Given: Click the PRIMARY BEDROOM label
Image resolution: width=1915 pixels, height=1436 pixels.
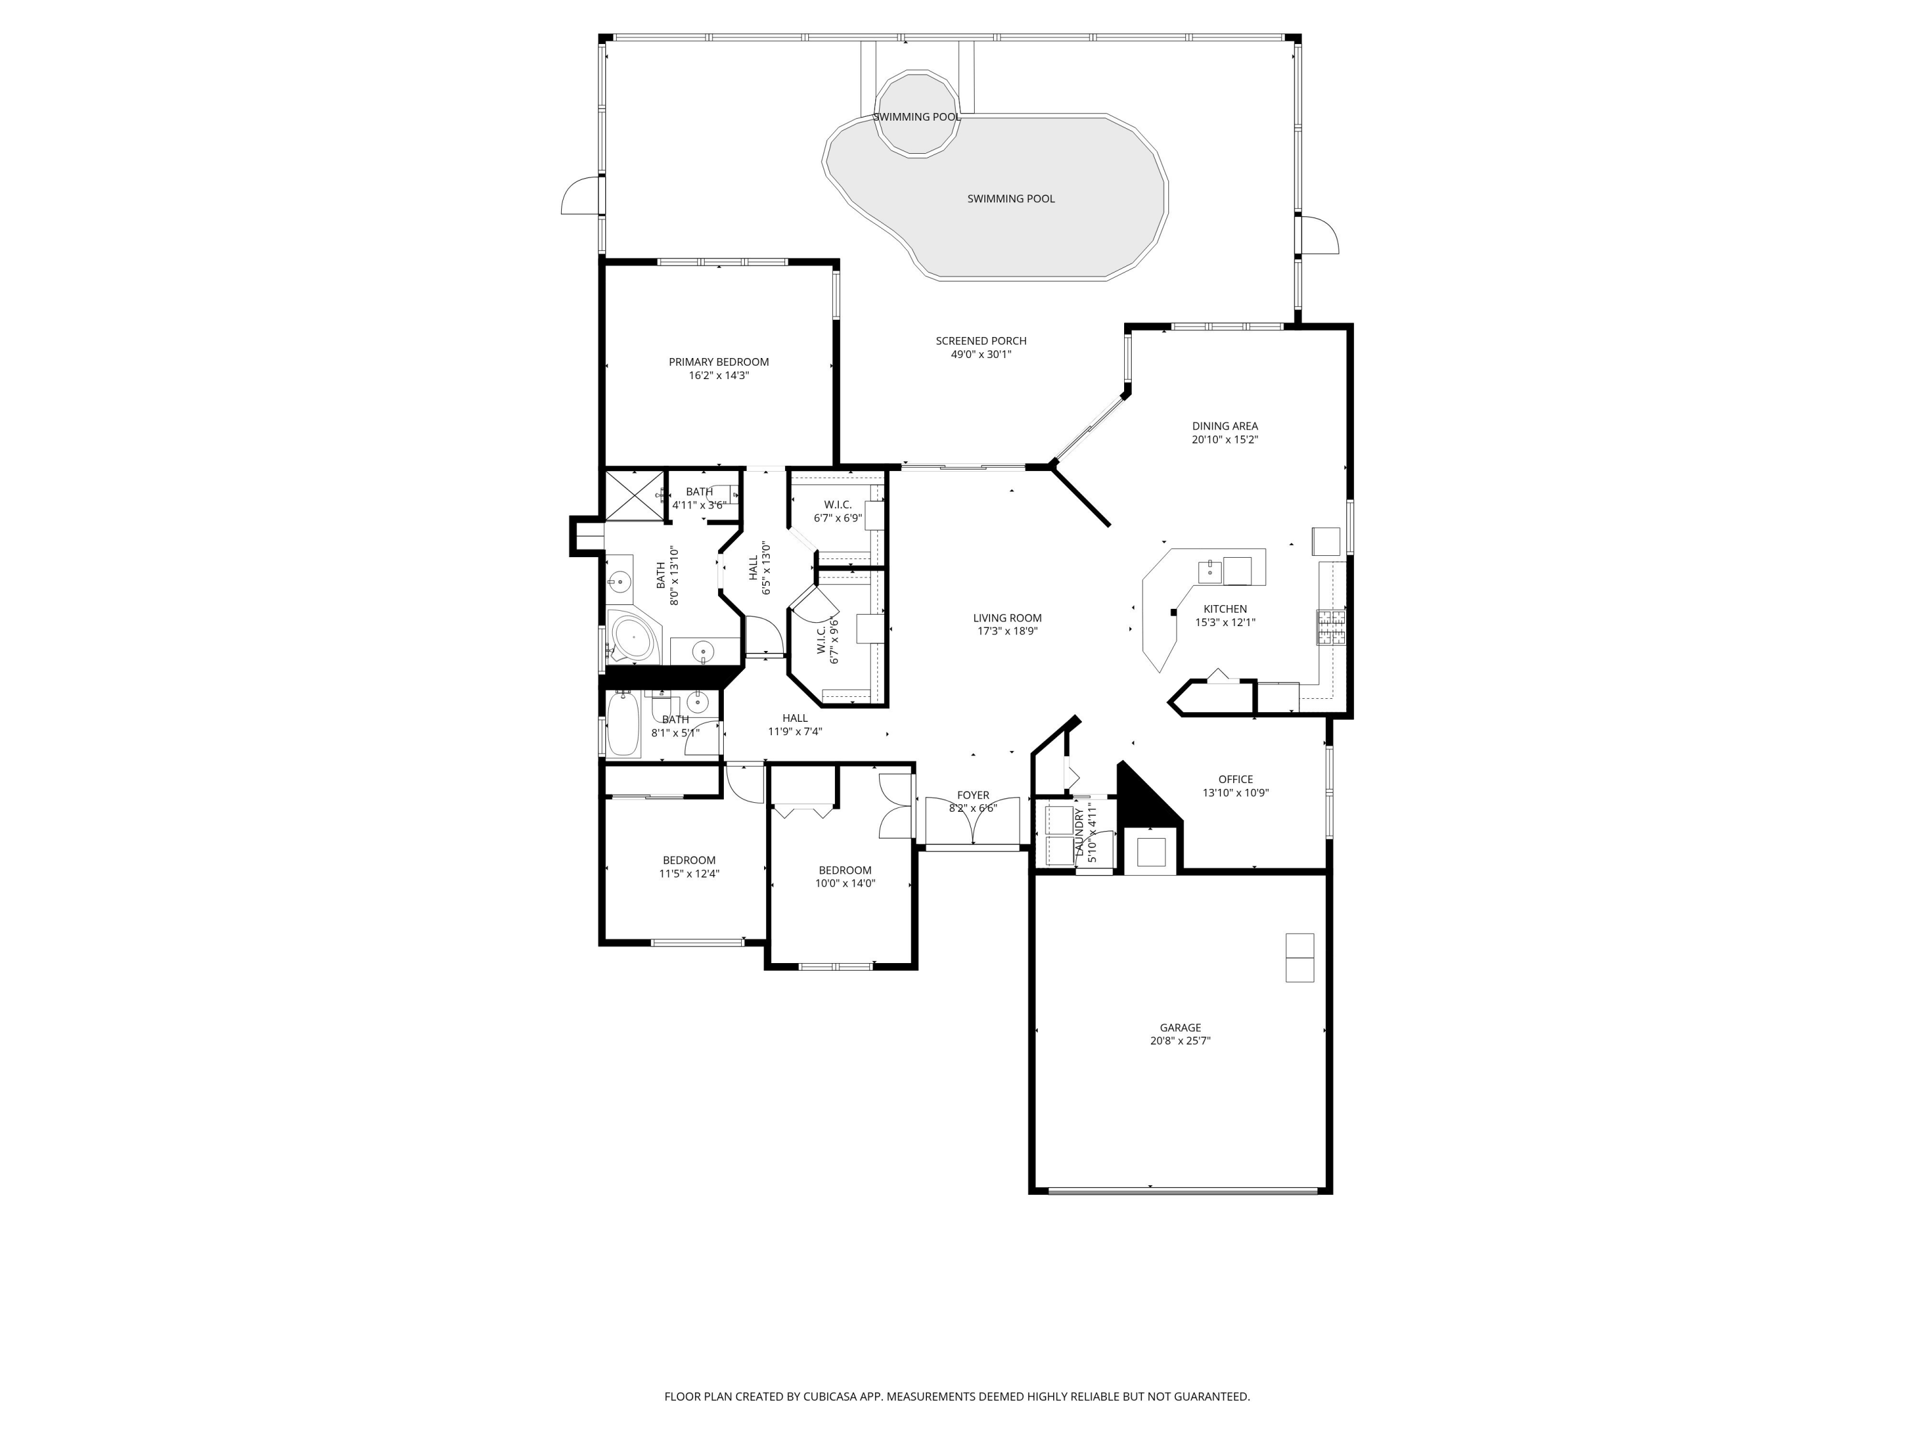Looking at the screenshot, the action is coord(719,362).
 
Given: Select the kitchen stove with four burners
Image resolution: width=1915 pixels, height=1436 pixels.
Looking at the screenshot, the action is coord(1332,627).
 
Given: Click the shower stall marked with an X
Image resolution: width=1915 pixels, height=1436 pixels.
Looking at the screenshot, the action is coord(635,495).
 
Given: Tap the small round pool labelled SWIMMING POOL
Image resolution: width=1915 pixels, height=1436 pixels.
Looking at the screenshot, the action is coord(917,114).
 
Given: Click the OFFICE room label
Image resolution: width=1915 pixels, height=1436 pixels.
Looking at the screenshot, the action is coord(1235,779).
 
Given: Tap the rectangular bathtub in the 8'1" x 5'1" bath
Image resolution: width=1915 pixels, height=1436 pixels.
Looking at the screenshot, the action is coord(622,724).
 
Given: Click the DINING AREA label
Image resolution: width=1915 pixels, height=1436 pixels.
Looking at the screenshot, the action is coord(1225,426).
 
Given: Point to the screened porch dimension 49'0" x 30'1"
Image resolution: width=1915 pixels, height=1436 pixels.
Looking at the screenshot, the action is coord(981,354).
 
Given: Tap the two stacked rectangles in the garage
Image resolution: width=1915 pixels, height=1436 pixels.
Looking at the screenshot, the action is coord(1300,957).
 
